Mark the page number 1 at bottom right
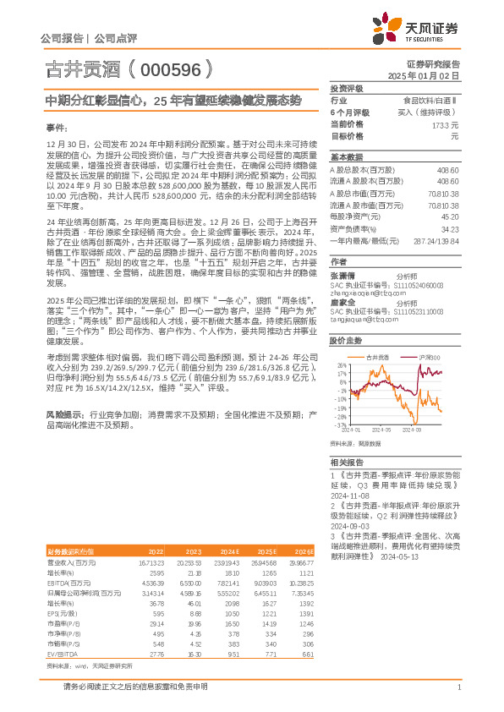(457, 687)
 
